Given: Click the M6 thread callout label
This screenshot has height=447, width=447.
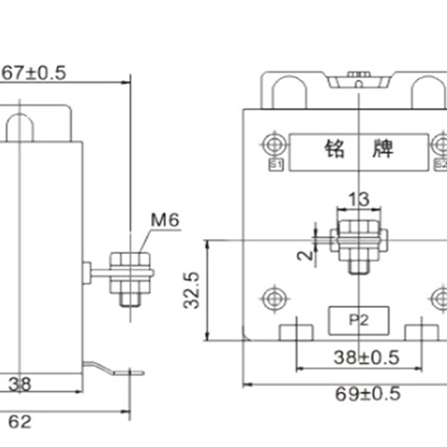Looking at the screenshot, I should (x=165, y=221).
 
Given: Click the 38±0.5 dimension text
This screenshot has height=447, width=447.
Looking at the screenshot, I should (x=366, y=357).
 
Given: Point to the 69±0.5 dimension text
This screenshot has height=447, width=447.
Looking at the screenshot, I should (x=368, y=394).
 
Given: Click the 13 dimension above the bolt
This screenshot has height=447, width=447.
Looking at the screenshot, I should (x=359, y=199).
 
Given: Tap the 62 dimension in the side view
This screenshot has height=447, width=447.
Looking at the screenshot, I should (x=20, y=422).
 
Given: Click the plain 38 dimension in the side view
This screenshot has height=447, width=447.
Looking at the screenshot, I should (x=20, y=384).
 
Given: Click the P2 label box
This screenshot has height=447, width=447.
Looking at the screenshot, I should (x=358, y=320).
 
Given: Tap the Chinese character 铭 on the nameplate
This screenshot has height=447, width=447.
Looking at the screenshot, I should (x=337, y=149).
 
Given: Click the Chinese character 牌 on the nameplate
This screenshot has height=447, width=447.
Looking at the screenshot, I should (x=383, y=149).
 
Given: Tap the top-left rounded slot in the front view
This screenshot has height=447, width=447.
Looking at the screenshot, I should (x=289, y=92).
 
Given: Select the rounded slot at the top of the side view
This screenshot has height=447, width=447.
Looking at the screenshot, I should (x=20, y=127).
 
